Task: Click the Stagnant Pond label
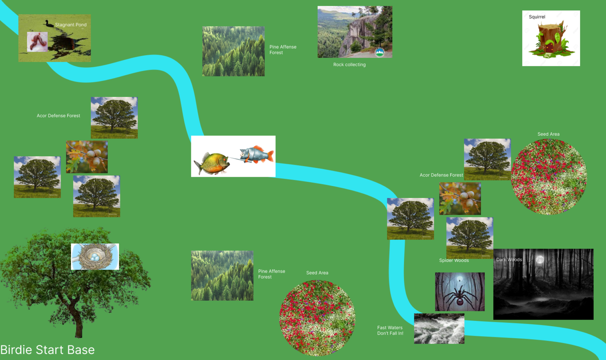pyautogui.click(x=71, y=25)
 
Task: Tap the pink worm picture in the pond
pyautogui.click(x=37, y=42)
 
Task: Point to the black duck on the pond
pyautogui.click(x=49, y=23)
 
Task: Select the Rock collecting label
pyautogui.click(x=349, y=65)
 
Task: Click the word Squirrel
pyautogui.click(x=537, y=17)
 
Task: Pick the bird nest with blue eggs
pyautogui.click(x=95, y=256)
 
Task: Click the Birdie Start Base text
pyautogui.click(x=47, y=350)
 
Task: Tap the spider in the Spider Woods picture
pyautogui.click(x=460, y=297)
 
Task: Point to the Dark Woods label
pyautogui.click(x=509, y=260)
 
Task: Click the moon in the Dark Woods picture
pyautogui.click(x=540, y=260)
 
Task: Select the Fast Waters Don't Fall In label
pyautogui.click(x=390, y=330)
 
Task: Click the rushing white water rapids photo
pyautogui.click(x=439, y=329)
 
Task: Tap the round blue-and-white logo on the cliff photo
pyautogui.click(x=379, y=52)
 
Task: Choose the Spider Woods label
pyautogui.click(x=454, y=261)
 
